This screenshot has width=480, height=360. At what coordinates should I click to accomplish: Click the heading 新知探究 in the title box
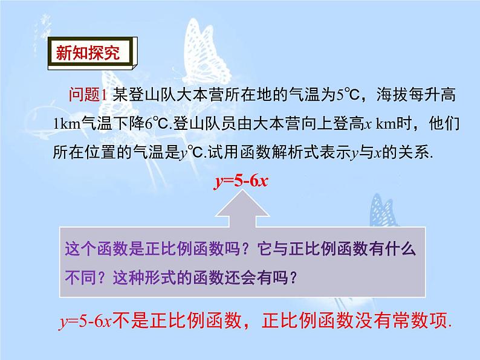coord(88,53)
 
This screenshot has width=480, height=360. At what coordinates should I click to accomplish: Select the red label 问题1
coord(88,94)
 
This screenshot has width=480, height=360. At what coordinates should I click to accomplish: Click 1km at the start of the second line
coord(66,124)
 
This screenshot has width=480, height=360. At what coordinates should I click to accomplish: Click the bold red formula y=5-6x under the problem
coord(241,181)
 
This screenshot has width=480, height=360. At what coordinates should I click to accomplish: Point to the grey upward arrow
coord(242,208)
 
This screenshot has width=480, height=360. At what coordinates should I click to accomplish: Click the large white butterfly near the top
coord(205,52)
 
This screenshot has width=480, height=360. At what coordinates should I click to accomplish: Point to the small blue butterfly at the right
coord(383,211)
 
